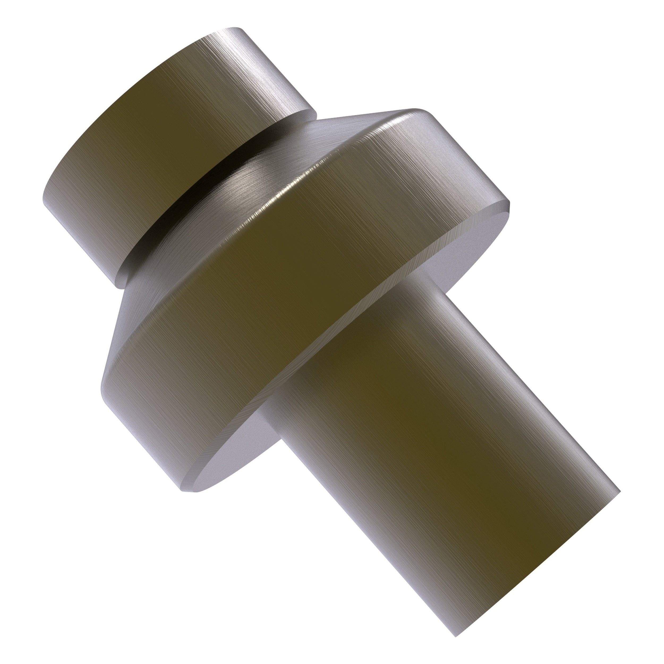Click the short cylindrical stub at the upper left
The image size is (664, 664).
(165, 144)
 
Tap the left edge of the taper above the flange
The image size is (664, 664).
(117, 320)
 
